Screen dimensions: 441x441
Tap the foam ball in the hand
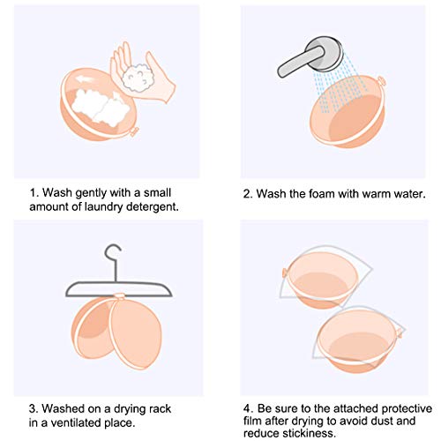click(x=139, y=78)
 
